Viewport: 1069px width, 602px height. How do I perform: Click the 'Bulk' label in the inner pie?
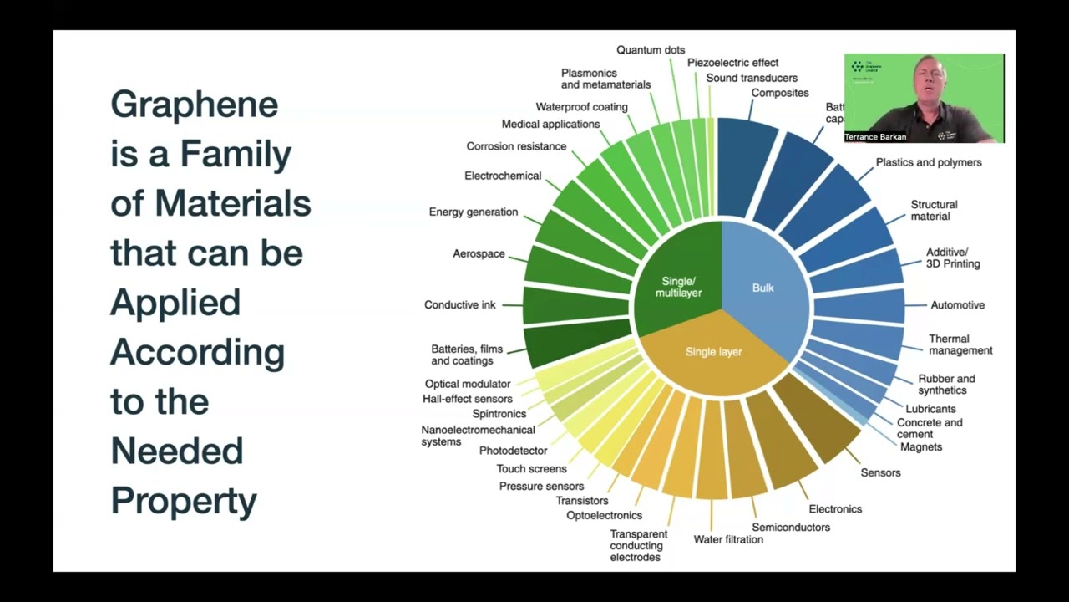point(762,288)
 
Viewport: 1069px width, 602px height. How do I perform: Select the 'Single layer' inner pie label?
point(713,352)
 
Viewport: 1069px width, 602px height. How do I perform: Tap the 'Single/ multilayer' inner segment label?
point(678,287)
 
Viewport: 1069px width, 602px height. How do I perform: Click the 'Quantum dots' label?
point(651,50)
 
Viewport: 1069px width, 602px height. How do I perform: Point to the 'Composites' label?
point(780,93)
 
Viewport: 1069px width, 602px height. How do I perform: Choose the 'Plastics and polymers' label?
point(928,162)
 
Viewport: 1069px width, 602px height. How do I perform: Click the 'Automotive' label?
point(957,305)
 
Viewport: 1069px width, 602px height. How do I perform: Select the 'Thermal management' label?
point(960,344)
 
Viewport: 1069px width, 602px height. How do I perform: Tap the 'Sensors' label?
point(880,472)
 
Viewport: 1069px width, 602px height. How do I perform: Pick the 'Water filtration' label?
point(728,539)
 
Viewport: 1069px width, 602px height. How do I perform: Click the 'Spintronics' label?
point(499,414)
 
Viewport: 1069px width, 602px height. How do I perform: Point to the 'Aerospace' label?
point(479,253)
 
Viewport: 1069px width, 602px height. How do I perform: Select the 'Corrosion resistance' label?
point(516,146)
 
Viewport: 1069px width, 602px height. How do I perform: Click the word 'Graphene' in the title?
point(194,105)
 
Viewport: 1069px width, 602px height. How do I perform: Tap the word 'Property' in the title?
point(184,501)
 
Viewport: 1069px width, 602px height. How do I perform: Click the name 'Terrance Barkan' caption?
point(875,137)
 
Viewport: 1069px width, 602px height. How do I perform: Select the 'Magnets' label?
point(921,447)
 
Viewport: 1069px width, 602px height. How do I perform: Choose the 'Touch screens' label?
point(531,469)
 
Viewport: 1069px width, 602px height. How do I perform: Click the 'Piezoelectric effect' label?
point(732,63)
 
